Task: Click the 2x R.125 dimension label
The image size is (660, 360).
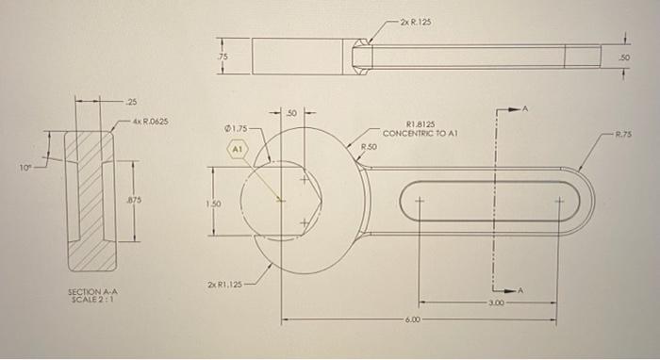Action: coord(416,21)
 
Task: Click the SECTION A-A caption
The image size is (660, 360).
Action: coord(90,293)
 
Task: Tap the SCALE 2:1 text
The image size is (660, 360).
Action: coord(90,302)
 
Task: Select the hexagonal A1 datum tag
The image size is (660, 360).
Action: coord(237,149)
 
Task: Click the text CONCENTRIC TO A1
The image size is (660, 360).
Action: coord(421,133)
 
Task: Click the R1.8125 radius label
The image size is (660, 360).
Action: coord(419,123)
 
